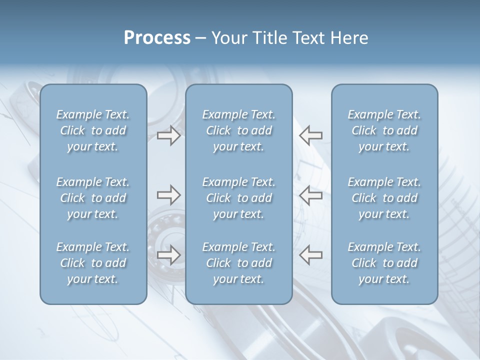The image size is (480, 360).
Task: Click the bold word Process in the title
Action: coord(157,38)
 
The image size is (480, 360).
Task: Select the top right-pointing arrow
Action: coord(168,135)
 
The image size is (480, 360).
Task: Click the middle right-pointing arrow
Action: coord(168,194)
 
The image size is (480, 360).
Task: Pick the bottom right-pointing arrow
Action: coord(168,254)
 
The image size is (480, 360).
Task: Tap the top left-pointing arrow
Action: coord(311,135)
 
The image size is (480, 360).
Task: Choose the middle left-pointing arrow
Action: coord(311,194)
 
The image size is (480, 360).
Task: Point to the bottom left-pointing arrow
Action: coord(311,254)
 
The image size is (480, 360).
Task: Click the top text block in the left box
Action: coord(93,130)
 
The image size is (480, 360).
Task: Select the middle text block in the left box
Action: coord(93,198)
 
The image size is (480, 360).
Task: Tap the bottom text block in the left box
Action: coord(93,263)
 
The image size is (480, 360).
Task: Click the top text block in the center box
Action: coord(238,130)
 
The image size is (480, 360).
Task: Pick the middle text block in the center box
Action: coord(238,198)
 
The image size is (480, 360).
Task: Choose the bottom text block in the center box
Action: coord(238,263)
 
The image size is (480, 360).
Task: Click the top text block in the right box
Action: coord(384,130)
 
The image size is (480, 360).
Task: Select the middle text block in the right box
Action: coord(384,198)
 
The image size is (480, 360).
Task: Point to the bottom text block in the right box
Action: coord(384,263)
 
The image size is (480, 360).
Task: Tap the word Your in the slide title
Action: coord(228,38)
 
